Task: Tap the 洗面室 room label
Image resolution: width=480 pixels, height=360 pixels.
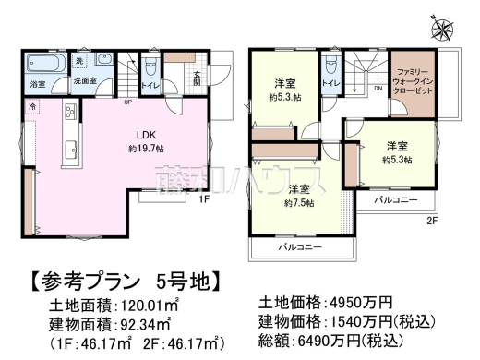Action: click(x=86, y=80)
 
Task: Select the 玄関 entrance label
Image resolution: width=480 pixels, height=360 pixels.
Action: click(x=196, y=78)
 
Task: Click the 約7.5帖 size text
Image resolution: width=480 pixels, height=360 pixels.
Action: click(x=298, y=202)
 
